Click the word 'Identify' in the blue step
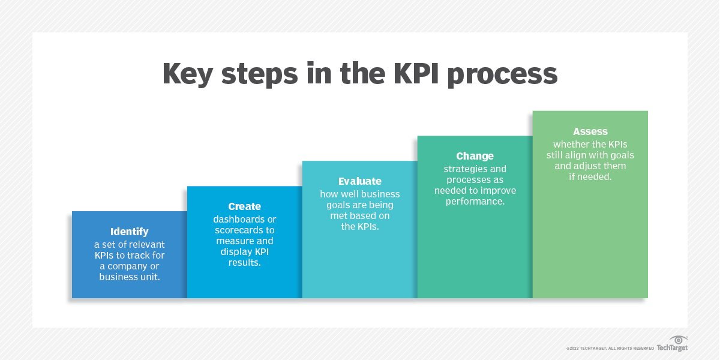tap(129, 232)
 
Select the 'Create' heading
tap(244, 206)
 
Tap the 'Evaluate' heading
tap(359, 181)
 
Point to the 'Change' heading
tap(475, 156)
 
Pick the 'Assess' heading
tap(590, 131)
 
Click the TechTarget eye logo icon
tap(679, 340)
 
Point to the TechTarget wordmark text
tap(671, 348)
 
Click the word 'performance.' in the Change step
tap(475, 202)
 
